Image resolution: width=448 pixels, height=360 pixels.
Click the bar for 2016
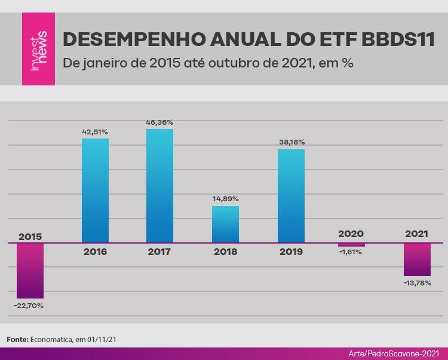[x=95, y=190]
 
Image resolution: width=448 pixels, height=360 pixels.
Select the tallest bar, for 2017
[x=159, y=186]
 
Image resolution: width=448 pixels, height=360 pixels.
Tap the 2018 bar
[x=225, y=224]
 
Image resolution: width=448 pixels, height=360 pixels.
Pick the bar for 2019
[x=291, y=196]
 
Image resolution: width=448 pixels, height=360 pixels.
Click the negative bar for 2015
[x=30, y=271]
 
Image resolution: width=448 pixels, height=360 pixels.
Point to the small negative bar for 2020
[x=351, y=245]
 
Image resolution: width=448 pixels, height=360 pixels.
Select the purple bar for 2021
[x=417, y=260]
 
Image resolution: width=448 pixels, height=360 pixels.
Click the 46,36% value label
[x=159, y=122]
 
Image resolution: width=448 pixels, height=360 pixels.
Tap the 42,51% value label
[x=95, y=132]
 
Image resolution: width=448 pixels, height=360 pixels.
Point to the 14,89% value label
[x=225, y=199]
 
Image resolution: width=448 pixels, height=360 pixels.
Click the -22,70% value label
[x=29, y=306]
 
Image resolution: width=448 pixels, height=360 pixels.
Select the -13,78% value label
[x=418, y=283]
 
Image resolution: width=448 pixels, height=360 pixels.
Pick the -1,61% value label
[x=351, y=252]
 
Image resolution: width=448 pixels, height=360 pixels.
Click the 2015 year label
[x=30, y=236]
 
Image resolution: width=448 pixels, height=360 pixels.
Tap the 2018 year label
[x=225, y=252]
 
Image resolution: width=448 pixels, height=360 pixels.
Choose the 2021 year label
[x=416, y=234]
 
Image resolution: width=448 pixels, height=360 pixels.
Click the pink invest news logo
[x=39, y=49]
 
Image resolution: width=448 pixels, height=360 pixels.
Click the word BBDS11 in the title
[x=398, y=39]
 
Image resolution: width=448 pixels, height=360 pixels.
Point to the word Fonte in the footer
[x=17, y=340]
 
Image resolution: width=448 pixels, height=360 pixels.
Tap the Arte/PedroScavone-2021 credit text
[x=394, y=353]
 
